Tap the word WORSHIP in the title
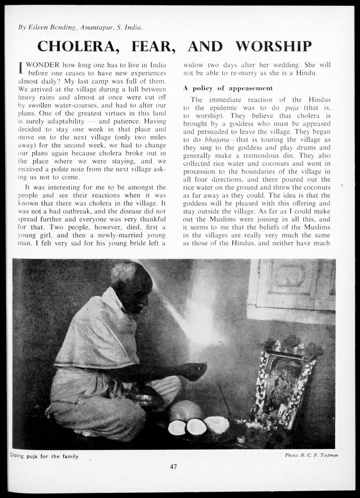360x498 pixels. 273,46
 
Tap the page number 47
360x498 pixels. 173,466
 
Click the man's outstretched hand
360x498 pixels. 194,371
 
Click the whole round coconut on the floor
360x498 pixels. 185,411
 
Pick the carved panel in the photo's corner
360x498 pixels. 292,284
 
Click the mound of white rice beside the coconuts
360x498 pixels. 217,424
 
